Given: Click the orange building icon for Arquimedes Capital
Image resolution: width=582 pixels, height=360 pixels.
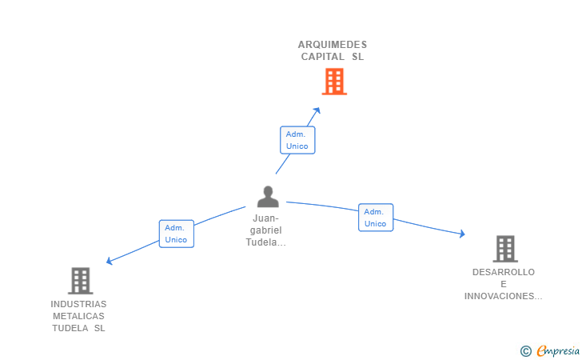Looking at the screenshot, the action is click(334, 82).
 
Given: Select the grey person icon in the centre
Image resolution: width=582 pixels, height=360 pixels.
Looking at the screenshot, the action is click(268, 197).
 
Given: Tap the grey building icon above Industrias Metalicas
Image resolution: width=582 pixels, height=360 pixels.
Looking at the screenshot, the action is click(80, 281).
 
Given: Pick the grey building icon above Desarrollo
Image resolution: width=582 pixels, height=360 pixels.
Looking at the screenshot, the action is click(505, 249).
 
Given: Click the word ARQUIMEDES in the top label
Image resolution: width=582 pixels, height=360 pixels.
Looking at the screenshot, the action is click(333, 45).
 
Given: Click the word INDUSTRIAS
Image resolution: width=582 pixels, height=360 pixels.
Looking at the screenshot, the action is click(78, 304).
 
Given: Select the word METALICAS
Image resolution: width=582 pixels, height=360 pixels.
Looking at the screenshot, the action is click(78, 316).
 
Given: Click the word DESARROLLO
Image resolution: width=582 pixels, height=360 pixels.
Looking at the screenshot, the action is click(504, 272).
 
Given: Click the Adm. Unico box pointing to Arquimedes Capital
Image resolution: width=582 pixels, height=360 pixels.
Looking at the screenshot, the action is click(297, 140).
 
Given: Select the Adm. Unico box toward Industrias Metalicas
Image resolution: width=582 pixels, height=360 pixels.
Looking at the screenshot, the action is click(177, 234).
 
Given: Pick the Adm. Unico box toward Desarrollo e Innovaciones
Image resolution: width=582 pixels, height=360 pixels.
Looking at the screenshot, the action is click(376, 218).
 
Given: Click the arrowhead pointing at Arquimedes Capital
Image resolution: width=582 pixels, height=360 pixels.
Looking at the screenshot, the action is click(317, 110).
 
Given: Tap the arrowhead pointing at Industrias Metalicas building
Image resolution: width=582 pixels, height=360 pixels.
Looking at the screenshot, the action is click(110, 261).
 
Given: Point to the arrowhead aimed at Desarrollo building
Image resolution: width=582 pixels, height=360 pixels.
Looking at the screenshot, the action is click(462, 234).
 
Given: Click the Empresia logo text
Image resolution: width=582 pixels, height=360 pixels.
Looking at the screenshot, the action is click(558, 350).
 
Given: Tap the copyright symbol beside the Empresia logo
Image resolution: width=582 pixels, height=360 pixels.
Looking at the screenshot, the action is click(525, 351).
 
